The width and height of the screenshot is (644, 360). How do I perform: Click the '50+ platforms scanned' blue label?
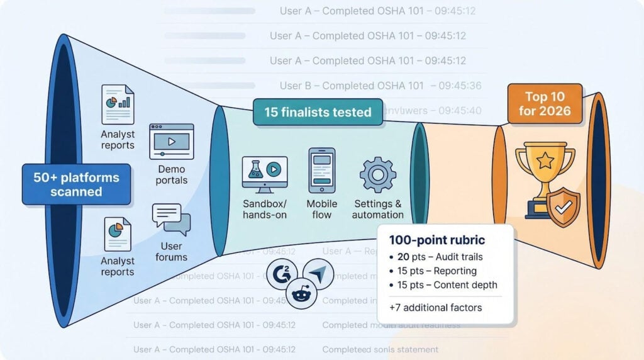tap(76, 184)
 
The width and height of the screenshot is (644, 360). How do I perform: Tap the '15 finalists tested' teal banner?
tap(318, 113)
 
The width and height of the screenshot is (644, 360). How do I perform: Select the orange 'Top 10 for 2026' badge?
tap(545, 104)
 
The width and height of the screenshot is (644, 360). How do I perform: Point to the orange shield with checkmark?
tap(563, 205)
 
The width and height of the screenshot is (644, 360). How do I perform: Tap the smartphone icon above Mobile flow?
tap(321, 170)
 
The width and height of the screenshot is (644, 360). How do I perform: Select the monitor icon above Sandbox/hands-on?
tap(265, 174)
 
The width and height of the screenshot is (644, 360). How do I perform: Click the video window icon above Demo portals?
tap(171, 140)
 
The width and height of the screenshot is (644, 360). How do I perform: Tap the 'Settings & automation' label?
tap(378, 209)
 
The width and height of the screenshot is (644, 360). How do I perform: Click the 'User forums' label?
tap(171, 251)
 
